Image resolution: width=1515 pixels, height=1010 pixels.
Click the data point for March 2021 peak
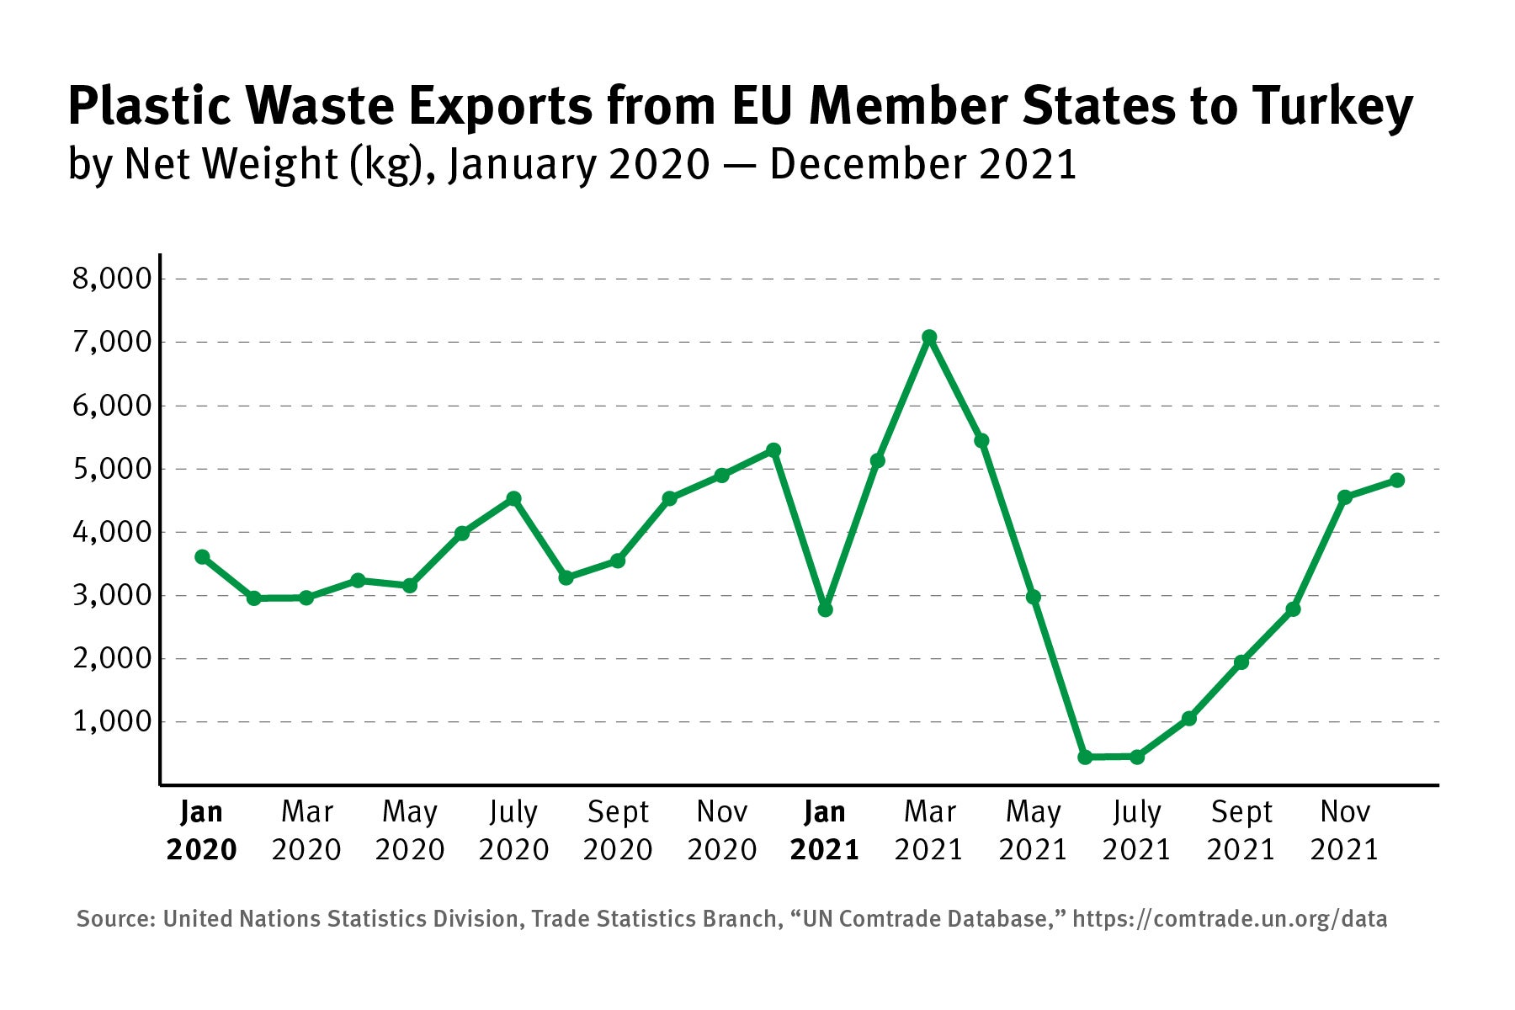tap(929, 338)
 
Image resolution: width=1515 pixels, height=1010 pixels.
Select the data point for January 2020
tap(202, 557)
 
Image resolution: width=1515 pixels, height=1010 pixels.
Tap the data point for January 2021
tap(825, 609)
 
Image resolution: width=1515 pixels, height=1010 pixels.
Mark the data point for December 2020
tap(773, 450)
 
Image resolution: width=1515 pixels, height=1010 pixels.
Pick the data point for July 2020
tap(513, 498)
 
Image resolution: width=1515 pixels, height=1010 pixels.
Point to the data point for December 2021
tap(1396, 480)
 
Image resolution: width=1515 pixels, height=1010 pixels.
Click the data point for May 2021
tap(1034, 597)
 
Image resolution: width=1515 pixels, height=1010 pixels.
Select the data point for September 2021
tap(1241, 662)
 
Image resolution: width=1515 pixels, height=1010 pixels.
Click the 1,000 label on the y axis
tap(112, 722)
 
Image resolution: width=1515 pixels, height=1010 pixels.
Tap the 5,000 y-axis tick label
tap(112, 469)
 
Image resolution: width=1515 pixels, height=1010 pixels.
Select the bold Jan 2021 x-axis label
tap(825, 831)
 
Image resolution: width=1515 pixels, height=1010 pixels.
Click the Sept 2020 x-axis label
tap(618, 831)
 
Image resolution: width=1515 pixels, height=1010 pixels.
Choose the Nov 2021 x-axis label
tap(1344, 831)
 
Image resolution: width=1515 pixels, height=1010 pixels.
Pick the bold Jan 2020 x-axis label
tap(202, 831)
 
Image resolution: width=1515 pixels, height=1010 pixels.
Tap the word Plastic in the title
tap(149, 106)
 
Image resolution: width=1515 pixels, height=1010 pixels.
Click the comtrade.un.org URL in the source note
tap(1230, 918)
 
